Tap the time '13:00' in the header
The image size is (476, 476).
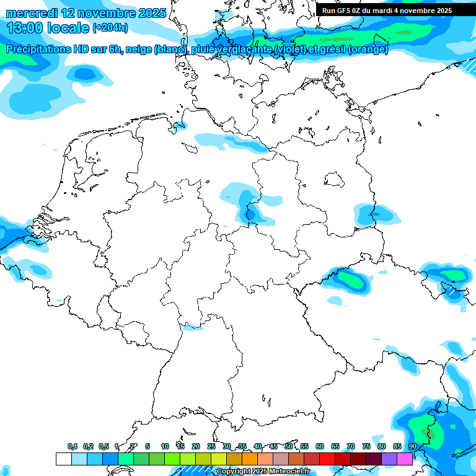point(25,28)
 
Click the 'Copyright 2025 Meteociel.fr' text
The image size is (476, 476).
point(262,472)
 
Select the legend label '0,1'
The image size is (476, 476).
point(73,446)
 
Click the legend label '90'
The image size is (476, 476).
point(412,446)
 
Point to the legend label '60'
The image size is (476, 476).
point(320,446)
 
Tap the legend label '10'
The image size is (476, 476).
point(165,446)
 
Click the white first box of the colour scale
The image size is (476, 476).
point(63,459)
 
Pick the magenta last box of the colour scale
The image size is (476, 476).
point(404,459)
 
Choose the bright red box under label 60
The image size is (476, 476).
point(327,459)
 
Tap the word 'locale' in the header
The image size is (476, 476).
point(66,28)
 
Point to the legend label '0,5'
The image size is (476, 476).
point(104,446)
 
